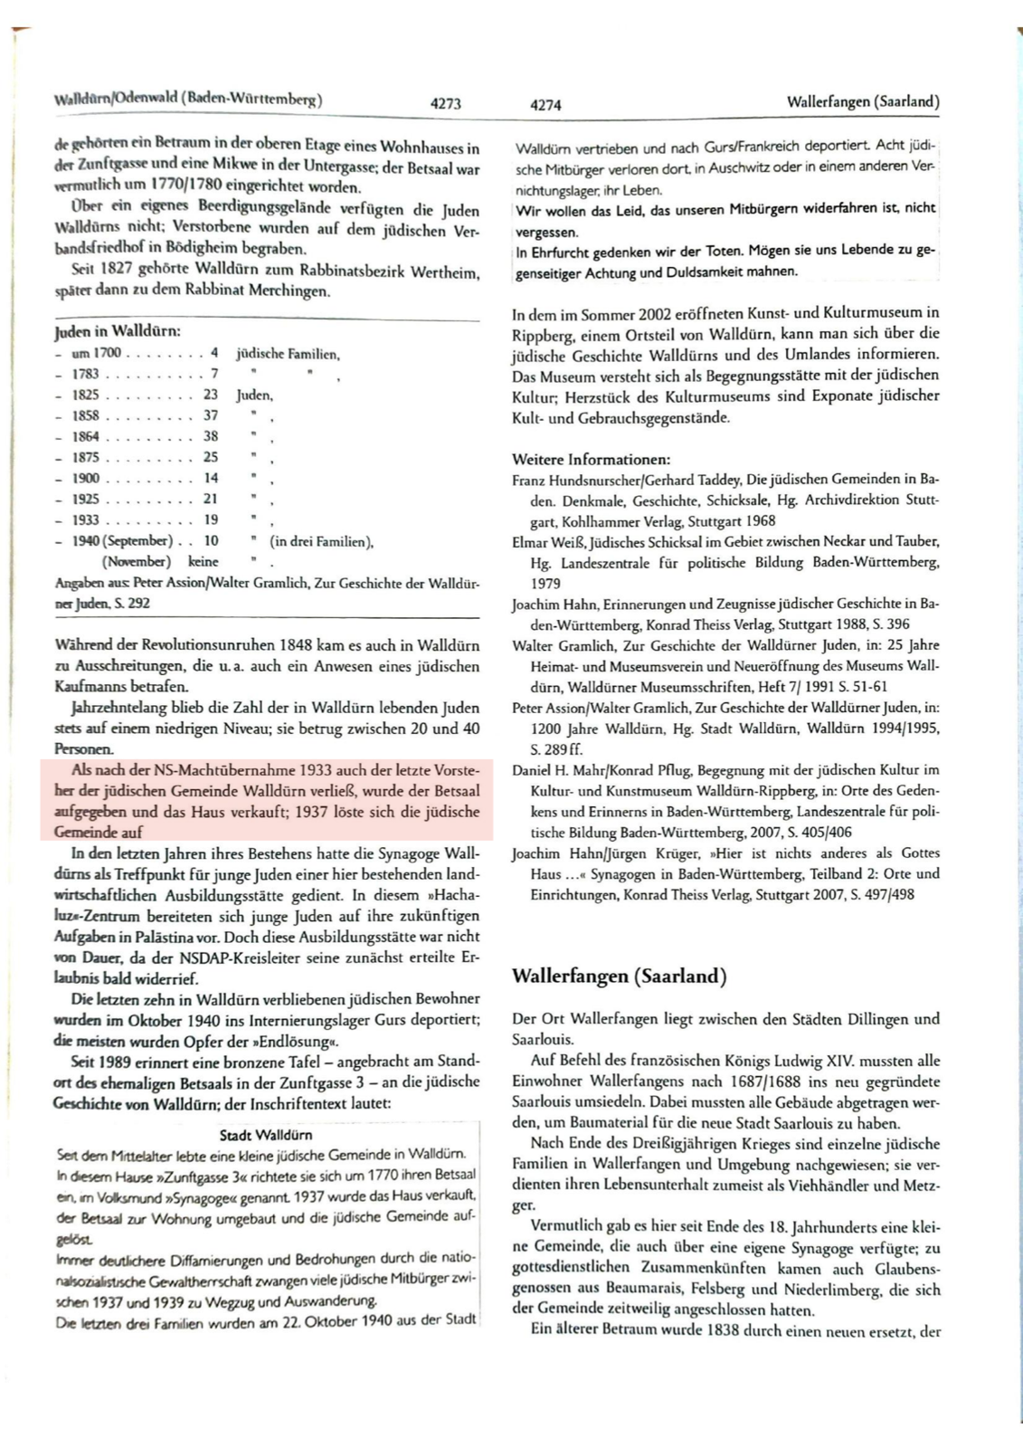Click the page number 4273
tap(445, 104)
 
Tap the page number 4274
tap(545, 105)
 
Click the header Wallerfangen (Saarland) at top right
tap(863, 101)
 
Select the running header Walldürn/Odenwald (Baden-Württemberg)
tap(188, 99)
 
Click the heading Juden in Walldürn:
tap(118, 331)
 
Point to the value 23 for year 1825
tap(211, 395)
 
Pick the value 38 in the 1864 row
tap(211, 436)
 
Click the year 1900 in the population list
tap(86, 478)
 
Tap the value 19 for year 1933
tap(211, 519)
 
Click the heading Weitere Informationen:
tap(591, 460)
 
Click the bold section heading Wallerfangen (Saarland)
tap(619, 976)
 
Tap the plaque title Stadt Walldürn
tap(266, 1135)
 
